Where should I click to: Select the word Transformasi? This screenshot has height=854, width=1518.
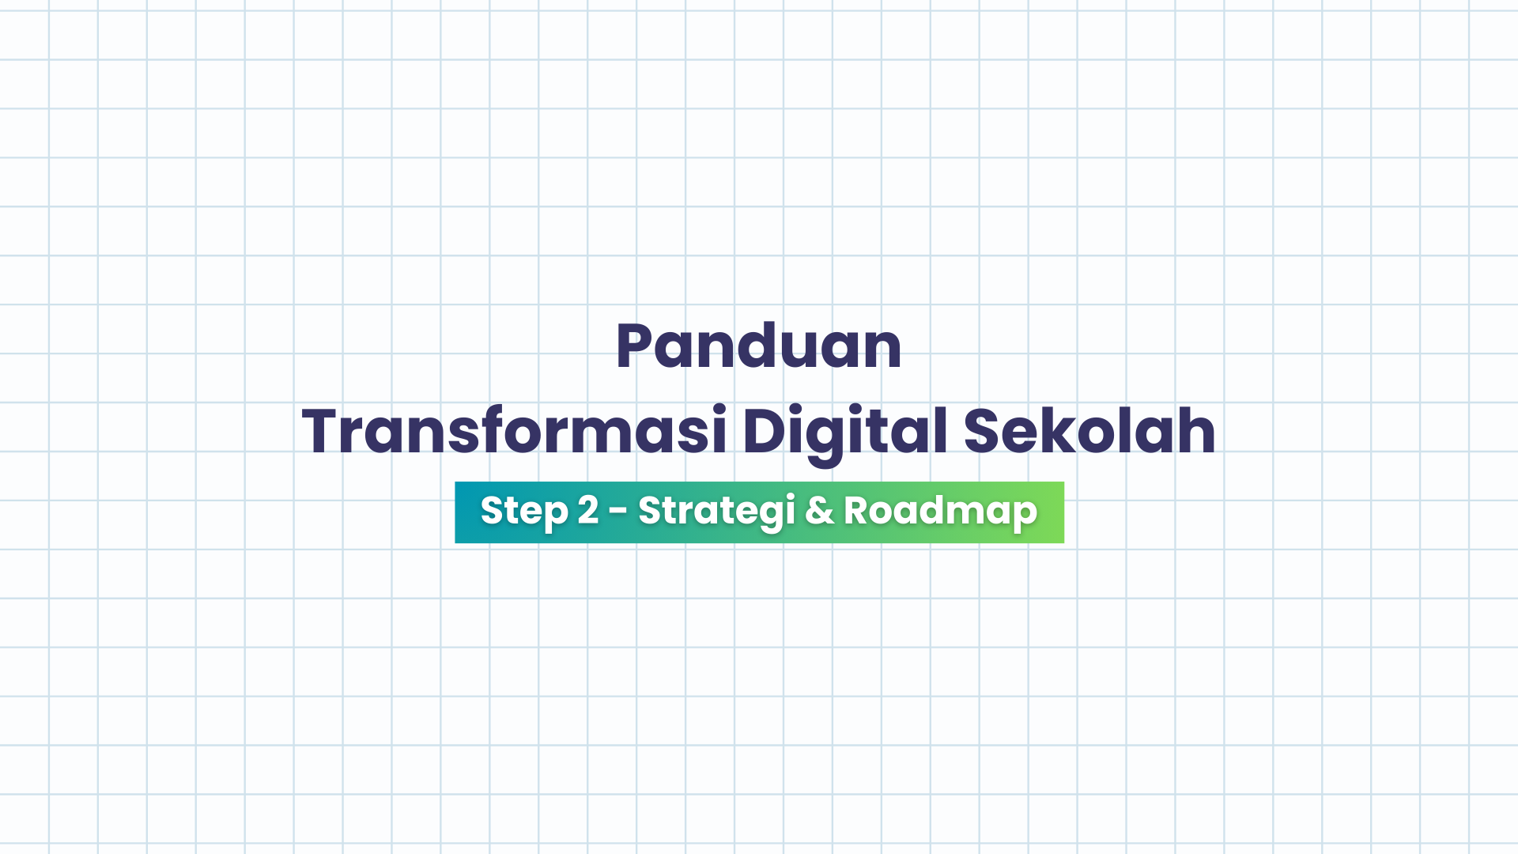point(514,432)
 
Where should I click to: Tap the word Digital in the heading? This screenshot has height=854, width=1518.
point(844,432)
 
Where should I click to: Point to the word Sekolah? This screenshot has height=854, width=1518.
point(1089,432)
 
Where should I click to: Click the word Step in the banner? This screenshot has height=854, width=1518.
point(524,511)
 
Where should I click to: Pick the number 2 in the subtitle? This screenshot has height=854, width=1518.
point(587,511)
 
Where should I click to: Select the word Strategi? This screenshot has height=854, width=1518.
point(716,511)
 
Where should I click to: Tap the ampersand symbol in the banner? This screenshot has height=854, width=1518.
point(819,511)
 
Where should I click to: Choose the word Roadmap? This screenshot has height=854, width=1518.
point(940,511)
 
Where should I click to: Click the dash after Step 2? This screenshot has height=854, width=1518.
point(618,512)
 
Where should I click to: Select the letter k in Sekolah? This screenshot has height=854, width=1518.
point(1048,432)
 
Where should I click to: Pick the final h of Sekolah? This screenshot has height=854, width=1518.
point(1197,432)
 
